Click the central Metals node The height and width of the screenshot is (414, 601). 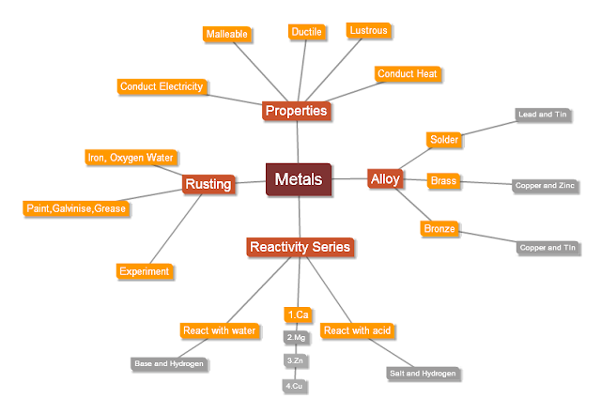coord(299,179)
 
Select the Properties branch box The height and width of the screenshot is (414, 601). coord(296,111)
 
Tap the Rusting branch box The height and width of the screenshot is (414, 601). coord(208,184)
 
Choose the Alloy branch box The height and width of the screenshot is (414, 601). coord(384,178)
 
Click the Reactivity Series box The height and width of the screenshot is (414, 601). coord(299,247)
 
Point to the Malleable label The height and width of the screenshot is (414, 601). coord(226,35)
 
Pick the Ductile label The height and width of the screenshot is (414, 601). coord(306,32)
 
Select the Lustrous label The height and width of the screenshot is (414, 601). coord(367,31)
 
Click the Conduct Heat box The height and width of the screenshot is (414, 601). coord(407,73)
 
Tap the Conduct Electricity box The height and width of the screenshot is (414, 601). coord(162,86)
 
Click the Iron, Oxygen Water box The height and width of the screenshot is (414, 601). coord(131,158)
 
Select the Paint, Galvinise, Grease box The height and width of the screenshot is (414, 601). coord(75,207)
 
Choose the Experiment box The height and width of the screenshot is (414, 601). coord(144,271)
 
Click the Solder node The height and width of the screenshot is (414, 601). coord(443,140)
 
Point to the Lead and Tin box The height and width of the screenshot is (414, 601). coord(543,115)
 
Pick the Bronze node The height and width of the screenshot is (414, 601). coord(439,228)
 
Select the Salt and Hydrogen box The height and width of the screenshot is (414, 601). coord(423,373)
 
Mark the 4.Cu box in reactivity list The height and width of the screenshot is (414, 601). coord(296,385)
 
